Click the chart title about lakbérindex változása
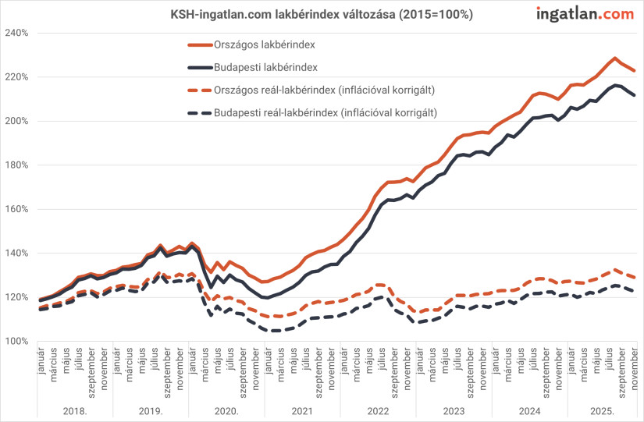click(x=322, y=14)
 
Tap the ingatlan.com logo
click(x=585, y=13)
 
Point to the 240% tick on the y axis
click(x=16, y=33)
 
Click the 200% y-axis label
click(x=16, y=121)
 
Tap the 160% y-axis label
click(x=16, y=209)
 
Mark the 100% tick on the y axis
click(x=16, y=342)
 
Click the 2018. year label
click(x=75, y=410)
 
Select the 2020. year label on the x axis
click(x=226, y=410)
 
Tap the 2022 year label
click(x=378, y=410)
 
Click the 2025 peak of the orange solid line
click(x=615, y=58)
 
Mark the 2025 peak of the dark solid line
click(x=615, y=85)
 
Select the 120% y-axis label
click(x=16, y=297)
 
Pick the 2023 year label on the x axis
click(x=454, y=410)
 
